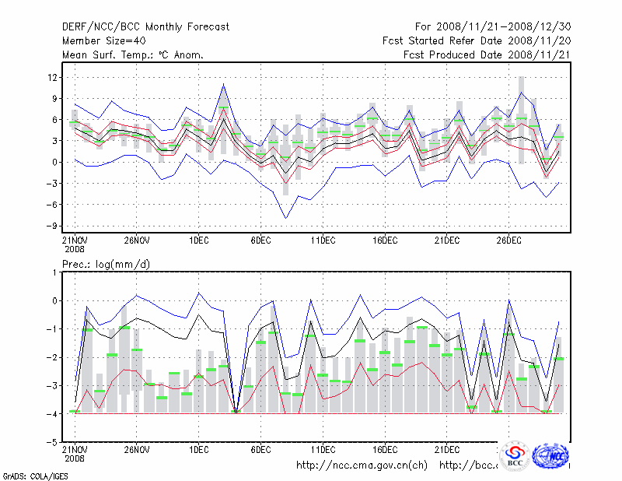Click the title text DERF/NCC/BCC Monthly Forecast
145,27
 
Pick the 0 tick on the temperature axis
54,162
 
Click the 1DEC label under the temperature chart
198,240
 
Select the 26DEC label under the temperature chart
508,240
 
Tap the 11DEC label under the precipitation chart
323,450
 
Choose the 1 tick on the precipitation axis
54,272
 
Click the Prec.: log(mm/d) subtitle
106,265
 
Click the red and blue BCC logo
515,457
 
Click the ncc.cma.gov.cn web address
362,465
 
